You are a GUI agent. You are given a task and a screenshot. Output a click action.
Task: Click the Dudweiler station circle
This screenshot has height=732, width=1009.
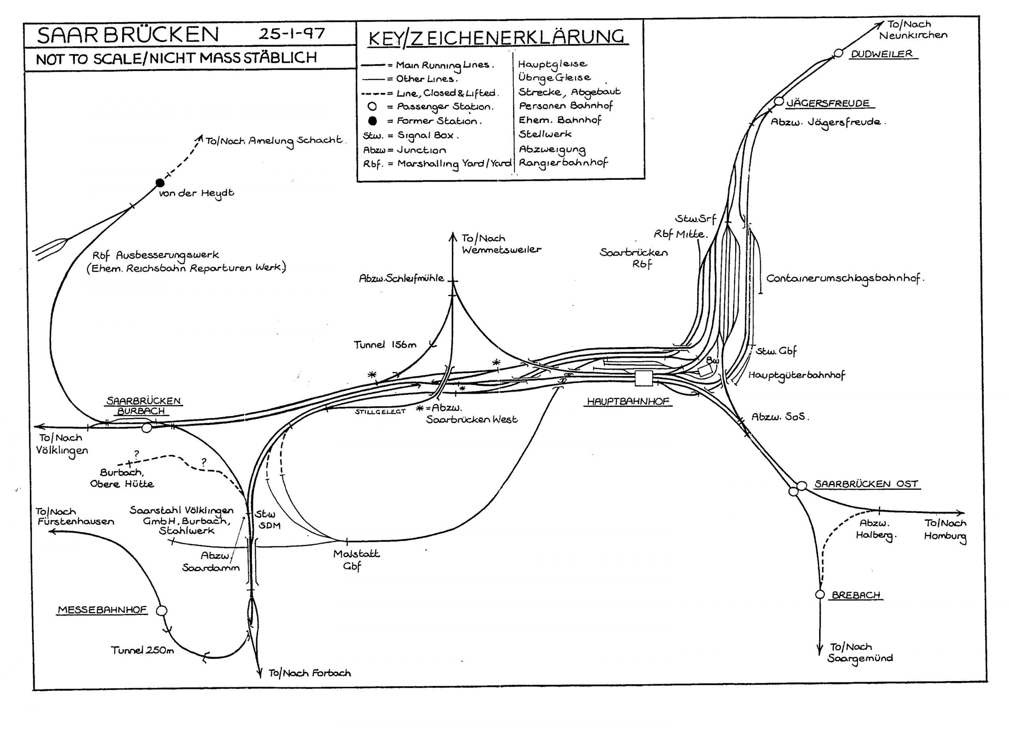tap(838, 53)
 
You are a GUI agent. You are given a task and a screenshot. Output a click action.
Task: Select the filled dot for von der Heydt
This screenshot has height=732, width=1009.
tap(160, 183)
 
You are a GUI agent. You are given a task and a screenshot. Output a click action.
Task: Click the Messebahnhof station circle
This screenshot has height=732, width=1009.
tap(162, 611)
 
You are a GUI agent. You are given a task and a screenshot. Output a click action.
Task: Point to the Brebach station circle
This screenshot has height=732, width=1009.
tap(820, 594)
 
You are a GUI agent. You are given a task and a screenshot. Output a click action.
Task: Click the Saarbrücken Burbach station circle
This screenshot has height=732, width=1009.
tap(147, 428)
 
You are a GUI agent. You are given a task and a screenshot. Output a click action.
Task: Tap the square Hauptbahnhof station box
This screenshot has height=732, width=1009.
tap(643, 378)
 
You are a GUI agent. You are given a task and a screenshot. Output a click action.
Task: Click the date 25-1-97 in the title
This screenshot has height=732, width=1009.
tap(292, 34)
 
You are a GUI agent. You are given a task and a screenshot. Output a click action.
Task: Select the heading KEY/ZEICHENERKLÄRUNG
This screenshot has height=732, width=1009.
tap(497, 37)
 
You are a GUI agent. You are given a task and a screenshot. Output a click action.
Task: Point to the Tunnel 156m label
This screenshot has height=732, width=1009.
tap(385, 345)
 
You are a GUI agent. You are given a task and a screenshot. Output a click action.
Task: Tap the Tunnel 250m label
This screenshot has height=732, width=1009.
tap(142, 650)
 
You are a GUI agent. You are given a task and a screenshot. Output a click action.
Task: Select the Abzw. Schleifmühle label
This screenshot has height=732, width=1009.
tap(401, 278)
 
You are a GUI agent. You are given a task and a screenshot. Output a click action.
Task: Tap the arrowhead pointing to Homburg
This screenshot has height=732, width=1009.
tap(961, 513)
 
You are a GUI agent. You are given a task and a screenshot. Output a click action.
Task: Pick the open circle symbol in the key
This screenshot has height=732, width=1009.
tap(372, 106)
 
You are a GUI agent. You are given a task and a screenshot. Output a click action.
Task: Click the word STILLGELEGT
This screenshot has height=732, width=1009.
tap(380, 411)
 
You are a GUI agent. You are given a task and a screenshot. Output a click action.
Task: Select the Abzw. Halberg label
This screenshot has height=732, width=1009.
tap(875, 529)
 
